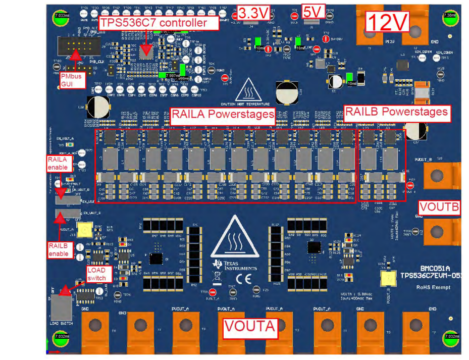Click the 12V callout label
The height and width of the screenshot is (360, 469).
click(387, 23)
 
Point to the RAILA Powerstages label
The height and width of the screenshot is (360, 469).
click(223, 115)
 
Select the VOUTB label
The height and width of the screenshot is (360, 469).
click(439, 208)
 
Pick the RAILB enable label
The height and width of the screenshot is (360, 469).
click(59, 249)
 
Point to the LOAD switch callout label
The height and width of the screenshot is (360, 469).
click(96, 274)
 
